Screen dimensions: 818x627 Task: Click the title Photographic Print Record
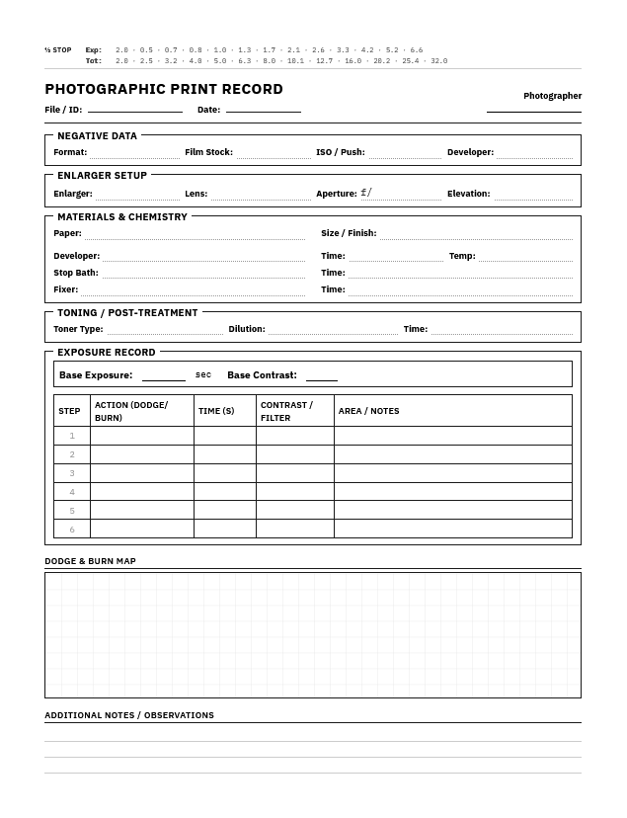(x=164, y=89)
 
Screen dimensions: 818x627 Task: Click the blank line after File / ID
(x=134, y=109)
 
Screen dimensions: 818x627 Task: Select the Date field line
(x=263, y=109)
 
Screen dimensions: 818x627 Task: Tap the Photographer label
(x=552, y=96)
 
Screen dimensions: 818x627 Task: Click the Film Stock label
(x=208, y=152)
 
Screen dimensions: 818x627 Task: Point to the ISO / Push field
(x=405, y=153)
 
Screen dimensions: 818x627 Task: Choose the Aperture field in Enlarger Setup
(x=401, y=194)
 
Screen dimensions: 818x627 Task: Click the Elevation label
(x=468, y=194)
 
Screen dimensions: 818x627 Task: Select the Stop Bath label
(x=76, y=273)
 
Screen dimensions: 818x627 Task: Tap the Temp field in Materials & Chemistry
(x=525, y=256)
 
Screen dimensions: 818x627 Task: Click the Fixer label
(x=65, y=289)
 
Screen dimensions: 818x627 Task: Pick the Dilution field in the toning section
(x=333, y=329)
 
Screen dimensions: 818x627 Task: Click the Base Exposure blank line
(x=163, y=376)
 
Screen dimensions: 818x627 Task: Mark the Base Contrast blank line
(x=321, y=376)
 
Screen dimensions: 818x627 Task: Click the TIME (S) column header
(x=216, y=411)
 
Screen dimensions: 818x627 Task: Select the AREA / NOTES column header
(x=368, y=411)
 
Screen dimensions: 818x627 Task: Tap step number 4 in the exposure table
(x=72, y=492)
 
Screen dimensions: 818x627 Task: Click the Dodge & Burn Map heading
(x=90, y=561)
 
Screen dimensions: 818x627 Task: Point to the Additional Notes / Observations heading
(x=128, y=715)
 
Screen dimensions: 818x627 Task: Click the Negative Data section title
(x=97, y=135)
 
